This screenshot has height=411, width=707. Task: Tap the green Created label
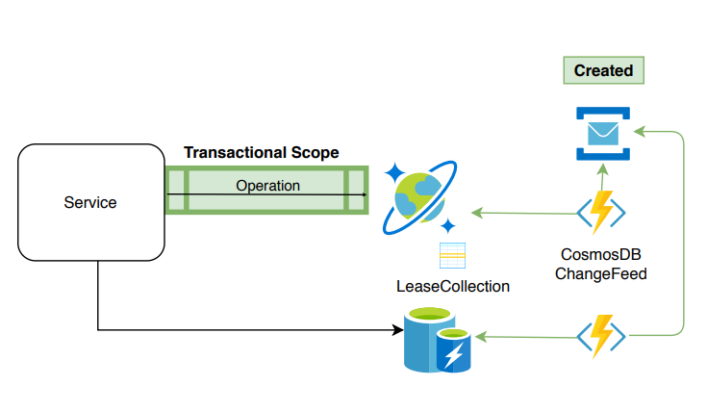point(603,70)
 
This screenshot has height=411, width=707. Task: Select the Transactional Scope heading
point(261,153)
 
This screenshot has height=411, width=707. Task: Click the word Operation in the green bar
point(267,185)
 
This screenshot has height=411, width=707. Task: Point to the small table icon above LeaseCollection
point(452,255)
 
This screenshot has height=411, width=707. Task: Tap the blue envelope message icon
point(603,132)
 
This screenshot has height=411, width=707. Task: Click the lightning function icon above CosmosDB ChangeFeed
point(601,211)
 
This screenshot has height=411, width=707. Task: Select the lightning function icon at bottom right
point(601,336)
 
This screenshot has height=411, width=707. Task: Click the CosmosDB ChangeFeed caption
point(601,264)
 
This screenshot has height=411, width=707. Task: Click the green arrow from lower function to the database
point(524,337)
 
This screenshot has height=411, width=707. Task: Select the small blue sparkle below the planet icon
point(447,226)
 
